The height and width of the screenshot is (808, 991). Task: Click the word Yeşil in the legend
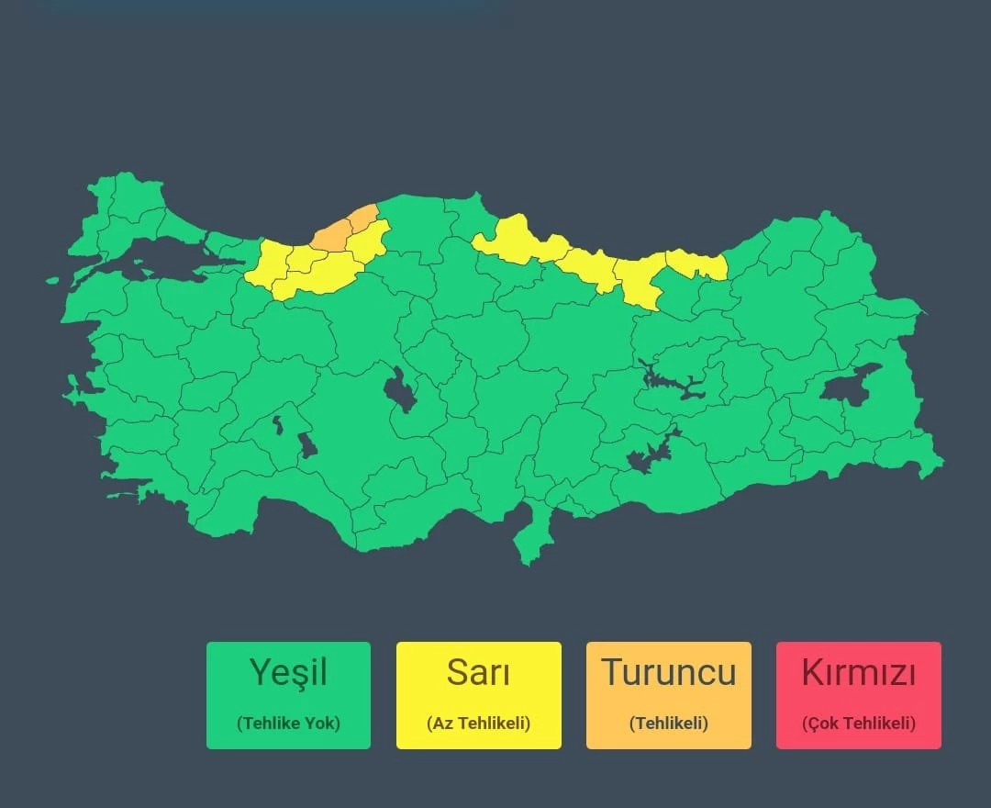pyautogui.click(x=288, y=673)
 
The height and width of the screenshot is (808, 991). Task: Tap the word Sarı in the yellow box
pyautogui.click(x=478, y=673)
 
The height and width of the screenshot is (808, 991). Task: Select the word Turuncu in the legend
pyautogui.click(x=668, y=673)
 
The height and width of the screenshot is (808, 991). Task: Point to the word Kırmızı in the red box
pyautogui.click(x=858, y=673)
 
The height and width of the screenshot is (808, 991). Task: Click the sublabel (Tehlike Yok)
pyautogui.click(x=288, y=724)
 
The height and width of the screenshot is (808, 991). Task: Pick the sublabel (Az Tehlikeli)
pyautogui.click(x=478, y=724)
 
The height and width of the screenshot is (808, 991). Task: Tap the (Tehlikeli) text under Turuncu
pyautogui.click(x=668, y=724)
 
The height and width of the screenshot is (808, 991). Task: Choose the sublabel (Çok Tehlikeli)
pyautogui.click(x=858, y=724)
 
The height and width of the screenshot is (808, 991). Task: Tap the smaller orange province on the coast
pyautogui.click(x=363, y=218)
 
